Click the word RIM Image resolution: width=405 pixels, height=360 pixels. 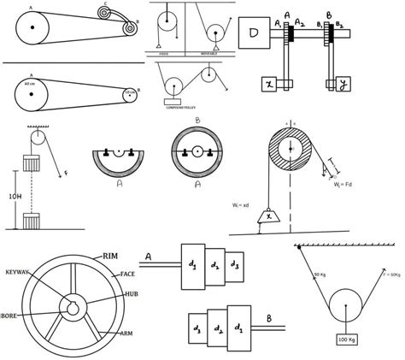110,256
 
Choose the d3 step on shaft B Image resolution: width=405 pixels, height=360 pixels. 197,327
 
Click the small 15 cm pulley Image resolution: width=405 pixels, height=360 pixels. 126,94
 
